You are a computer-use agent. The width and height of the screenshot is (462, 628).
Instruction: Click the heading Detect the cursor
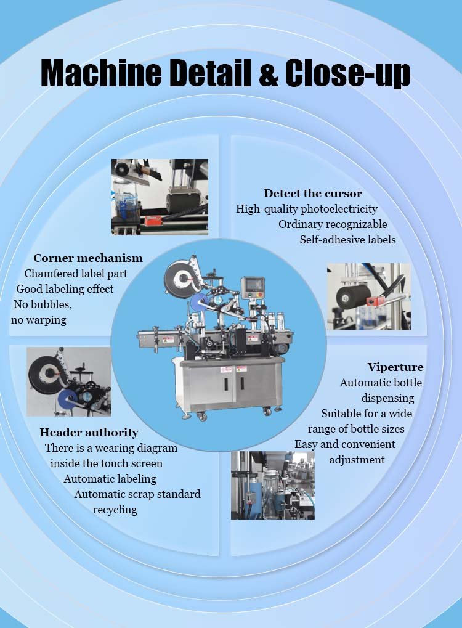pos(313,194)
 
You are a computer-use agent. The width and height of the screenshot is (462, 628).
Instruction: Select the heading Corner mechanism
pos(88,258)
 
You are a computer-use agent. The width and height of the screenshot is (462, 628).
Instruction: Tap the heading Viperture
pos(395,367)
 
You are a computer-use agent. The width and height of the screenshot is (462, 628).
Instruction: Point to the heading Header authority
pos(89,433)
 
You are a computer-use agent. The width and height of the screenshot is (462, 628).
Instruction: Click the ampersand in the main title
pos(268,73)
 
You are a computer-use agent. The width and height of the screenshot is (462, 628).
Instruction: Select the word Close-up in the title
pos(347,74)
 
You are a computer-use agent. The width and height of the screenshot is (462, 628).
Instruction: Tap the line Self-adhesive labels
pos(347,240)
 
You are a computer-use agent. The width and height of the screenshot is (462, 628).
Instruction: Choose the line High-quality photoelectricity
pos(306,209)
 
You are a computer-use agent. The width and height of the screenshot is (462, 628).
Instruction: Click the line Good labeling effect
pos(65,289)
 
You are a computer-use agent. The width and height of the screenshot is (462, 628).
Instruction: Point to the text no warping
pos(38,320)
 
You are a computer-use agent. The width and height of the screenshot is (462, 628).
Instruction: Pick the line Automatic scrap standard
pos(137,494)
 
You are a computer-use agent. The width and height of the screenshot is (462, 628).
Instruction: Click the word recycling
pos(115,510)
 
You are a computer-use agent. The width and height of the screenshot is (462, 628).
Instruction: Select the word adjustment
pos(357,459)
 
